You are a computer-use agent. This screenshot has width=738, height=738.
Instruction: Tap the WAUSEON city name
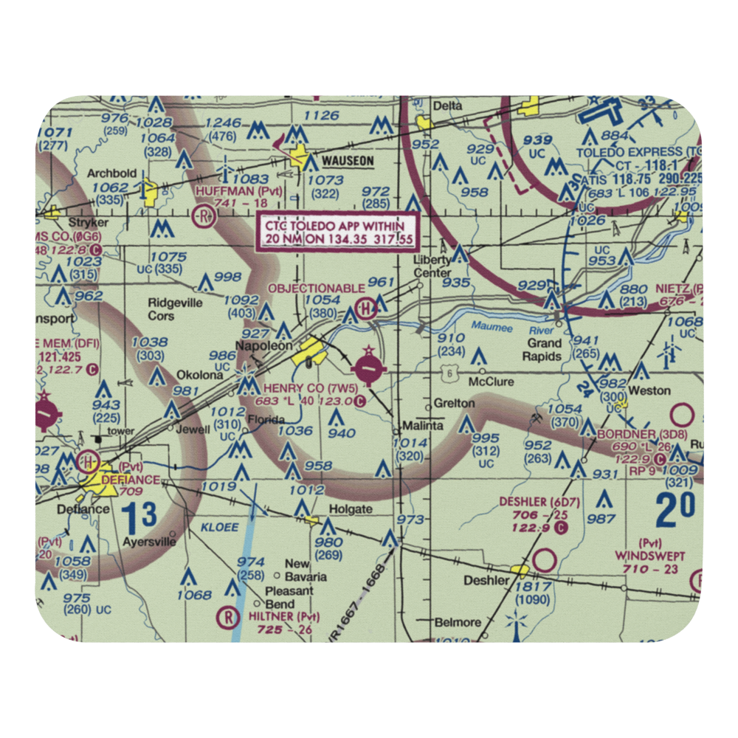[x=347, y=160]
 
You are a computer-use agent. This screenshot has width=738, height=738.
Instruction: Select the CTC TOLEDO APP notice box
[x=336, y=232]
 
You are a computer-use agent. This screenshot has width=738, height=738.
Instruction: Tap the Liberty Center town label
[x=432, y=266]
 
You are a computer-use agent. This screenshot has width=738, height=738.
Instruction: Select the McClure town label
[x=492, y=382]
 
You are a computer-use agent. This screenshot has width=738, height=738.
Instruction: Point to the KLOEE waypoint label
[x=218, y=528]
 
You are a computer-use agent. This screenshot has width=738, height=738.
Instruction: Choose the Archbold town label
[x=112, y=173]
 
